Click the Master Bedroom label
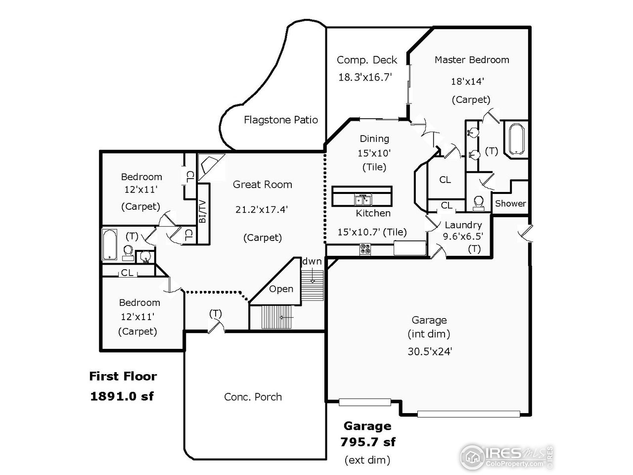tap(471, 60)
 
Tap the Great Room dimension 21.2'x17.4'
tap(262, 209)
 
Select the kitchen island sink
tap(363, 200)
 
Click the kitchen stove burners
tap(366, 249)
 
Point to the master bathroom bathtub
tap(516, 139)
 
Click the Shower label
tap(510, 203)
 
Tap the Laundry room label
tap(463, 225)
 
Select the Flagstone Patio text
tap(280, 120)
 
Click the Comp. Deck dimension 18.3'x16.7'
tap(365, 77)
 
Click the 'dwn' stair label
tap(312, 261)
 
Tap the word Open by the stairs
tap(281, 289)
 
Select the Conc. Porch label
tap(253, 397)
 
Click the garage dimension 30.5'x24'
tap(429, 352)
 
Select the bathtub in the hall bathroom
tap(109, 244)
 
